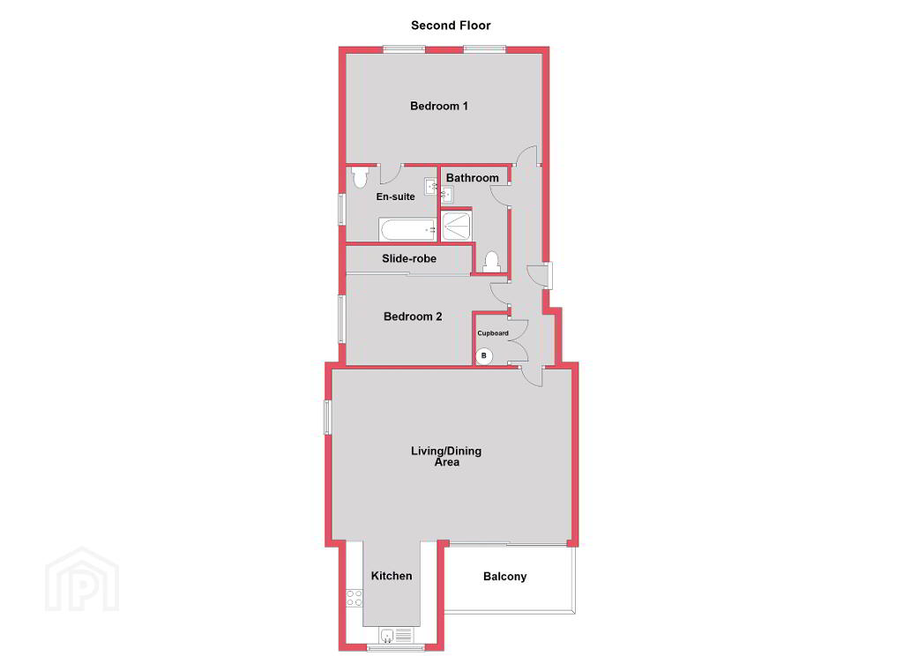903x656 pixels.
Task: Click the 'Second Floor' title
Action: tap(451, 26)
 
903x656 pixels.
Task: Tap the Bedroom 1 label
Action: tap(439, 106)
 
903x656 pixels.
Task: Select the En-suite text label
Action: tap(396, 197)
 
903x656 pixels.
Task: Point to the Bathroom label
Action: tap(473, 178)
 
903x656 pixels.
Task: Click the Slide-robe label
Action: tap(409, 258)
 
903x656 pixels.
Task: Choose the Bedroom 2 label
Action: tap(413, 317)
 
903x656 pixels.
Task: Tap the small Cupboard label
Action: tap(493, 333)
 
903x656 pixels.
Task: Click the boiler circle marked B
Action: tap(484, 356)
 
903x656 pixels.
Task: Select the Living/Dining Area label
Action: tap(446, 456)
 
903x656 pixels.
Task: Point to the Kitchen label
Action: tap(392, 576)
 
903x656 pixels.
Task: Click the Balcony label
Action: tap(505, 577)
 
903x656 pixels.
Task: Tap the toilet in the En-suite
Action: tap(360, 177)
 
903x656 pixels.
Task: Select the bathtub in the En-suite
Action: tap(407, 229)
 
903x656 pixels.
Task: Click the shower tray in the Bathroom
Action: tap(456, 227)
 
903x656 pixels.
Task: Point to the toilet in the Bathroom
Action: tap(491, 262)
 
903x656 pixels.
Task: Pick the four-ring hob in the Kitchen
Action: tap(354, 598)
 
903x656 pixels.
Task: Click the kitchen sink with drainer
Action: tap(396, 636)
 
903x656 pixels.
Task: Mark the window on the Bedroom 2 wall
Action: tap(341, 320)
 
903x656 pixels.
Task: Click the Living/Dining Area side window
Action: tap(328, 417)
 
